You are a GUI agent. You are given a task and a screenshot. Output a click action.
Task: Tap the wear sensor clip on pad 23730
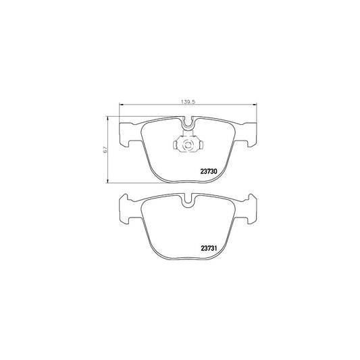(x=187, y=145)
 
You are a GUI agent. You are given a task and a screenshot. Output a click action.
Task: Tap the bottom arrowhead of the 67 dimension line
(x=109, y=181)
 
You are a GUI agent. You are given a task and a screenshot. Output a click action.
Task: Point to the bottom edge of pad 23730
(x=187, y=182)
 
